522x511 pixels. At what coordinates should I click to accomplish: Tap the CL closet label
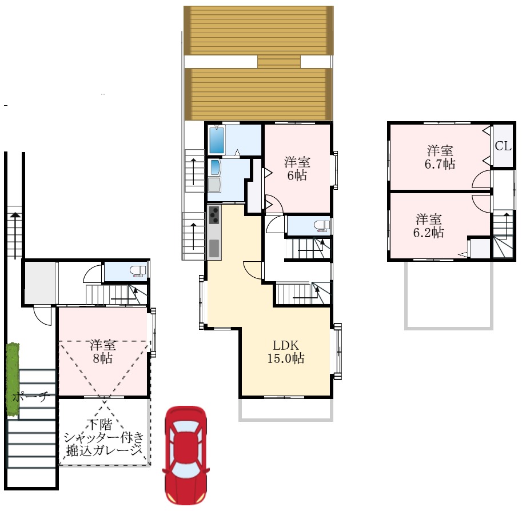coord(503,146)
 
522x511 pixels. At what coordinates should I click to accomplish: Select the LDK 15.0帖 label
coord(286,352)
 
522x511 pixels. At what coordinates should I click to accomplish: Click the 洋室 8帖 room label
coord(102,352)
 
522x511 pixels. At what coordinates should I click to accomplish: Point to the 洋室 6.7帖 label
coord(440,157)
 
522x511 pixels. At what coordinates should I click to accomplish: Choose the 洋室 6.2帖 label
coord(428,226)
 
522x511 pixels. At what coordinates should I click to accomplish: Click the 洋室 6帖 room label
coord(297,169)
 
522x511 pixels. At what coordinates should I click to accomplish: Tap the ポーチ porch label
coord(31,397)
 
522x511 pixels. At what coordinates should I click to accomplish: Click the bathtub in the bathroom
coord(217,139)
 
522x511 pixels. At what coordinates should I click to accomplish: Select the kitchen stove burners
coord(214,215)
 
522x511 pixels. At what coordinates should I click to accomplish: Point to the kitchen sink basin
coord(214,248)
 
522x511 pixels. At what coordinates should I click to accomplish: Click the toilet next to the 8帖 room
coord(138,271)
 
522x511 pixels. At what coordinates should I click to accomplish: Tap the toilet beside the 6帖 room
coord(321,226)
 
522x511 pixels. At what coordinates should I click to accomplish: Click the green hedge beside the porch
coord(13,379)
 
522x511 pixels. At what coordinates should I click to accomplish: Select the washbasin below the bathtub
coord(214,167)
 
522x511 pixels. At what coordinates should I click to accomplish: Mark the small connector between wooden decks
coord(279,62)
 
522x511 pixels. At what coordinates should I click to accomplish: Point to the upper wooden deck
coord(258,30)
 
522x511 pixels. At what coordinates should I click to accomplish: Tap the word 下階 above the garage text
coord(99,425)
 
